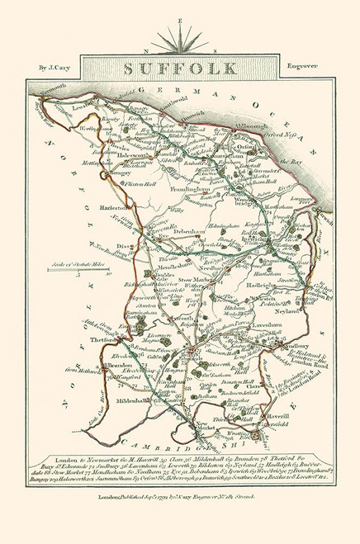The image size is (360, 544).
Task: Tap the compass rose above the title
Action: click(179, 34)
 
